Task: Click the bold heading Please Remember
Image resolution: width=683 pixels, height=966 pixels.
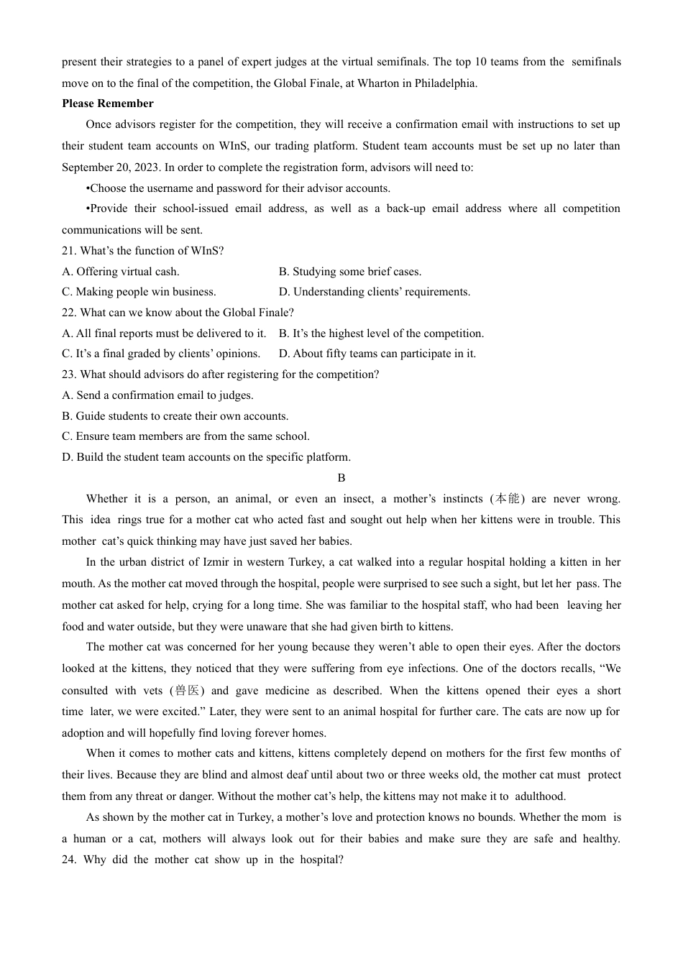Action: point(107,103)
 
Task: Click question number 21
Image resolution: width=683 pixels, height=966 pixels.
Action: point(69,251)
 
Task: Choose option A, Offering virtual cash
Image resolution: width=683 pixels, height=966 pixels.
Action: point(121,272)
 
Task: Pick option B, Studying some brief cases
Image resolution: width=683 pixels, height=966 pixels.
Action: point(350,272)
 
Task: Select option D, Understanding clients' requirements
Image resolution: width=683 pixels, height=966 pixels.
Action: point(375,292)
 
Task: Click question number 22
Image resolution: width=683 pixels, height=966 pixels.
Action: point(69,313)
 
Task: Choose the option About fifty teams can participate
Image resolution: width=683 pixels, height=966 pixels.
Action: point(377,354)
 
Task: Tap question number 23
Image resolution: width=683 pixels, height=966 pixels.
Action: point(69,374)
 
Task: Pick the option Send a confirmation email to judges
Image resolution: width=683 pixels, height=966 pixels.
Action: point(157,395)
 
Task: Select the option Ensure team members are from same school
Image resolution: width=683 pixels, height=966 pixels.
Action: point(185,436)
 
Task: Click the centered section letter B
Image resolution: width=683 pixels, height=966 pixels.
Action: point(341,478)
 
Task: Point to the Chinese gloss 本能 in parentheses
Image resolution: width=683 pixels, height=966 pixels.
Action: point(507,499)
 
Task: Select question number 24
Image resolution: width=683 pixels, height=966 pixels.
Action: point(69,860)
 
